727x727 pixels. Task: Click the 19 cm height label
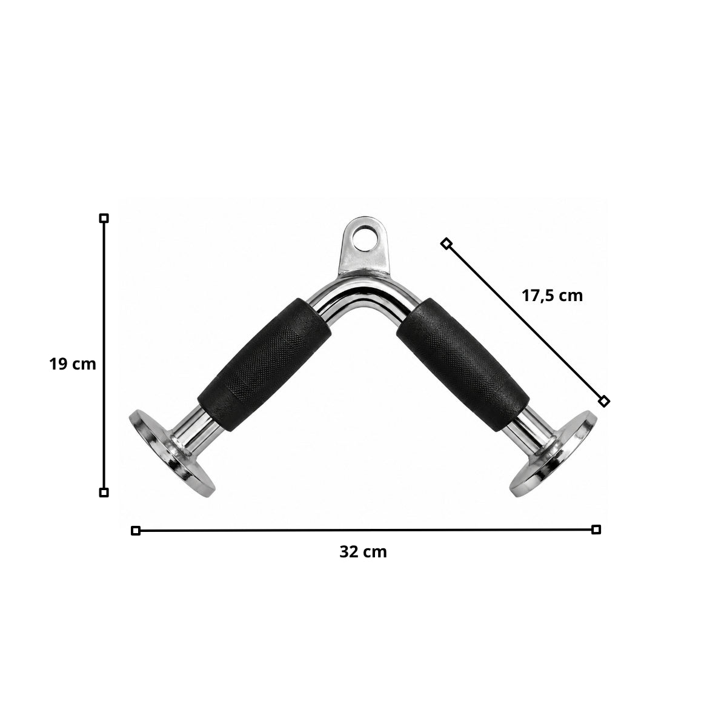73,365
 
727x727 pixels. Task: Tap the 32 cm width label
363,552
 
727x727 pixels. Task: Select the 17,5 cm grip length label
553,296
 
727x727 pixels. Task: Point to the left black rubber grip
264,365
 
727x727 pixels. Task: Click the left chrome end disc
172,453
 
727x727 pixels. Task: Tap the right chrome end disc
554,453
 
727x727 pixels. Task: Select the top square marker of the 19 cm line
104,218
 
